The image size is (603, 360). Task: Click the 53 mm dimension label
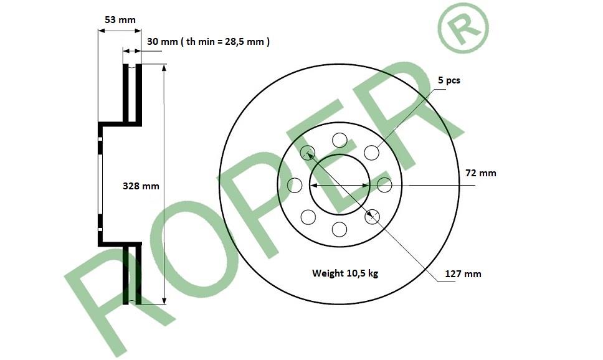(120, 19)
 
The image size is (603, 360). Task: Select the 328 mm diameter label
(141, 186)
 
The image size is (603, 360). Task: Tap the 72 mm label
(481, 173)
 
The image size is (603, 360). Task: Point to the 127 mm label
(463, 274)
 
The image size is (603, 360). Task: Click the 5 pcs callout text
(449, 80)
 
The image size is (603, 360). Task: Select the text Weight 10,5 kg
(345, 273)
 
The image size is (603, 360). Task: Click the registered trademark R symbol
(463, 27)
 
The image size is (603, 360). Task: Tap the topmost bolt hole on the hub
(339, 140)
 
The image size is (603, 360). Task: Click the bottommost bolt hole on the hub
(339, 229)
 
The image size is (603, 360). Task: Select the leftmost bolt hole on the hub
(295, 185)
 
